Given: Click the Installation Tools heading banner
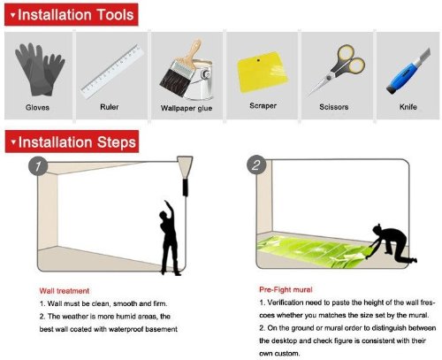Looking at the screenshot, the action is point(72,14).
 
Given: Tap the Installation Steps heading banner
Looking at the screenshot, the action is point(72,142).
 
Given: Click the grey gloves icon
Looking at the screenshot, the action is point(39,70).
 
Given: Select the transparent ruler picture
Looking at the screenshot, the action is point(112,72).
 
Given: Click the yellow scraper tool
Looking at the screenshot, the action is point(262,72).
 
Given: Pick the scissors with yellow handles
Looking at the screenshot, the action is point(338,70).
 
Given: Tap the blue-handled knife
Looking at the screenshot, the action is point(408,72).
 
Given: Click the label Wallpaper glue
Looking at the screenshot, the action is point(187,108).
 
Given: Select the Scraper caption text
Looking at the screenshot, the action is point(263,105).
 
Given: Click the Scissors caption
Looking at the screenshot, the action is point(334,107).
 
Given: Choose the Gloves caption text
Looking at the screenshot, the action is point(37,107).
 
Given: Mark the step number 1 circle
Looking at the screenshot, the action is point(38,166).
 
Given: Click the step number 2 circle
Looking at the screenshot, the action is point(256,165).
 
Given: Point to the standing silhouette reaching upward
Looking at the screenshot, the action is point(169,238).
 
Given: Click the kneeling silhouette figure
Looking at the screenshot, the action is point(392,243).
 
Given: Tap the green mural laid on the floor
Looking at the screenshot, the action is point(313,250).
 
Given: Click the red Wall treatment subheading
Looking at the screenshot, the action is point(65,291).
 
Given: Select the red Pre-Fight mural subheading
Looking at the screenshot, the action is point(286,289).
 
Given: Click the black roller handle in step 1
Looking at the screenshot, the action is point(186,188).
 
